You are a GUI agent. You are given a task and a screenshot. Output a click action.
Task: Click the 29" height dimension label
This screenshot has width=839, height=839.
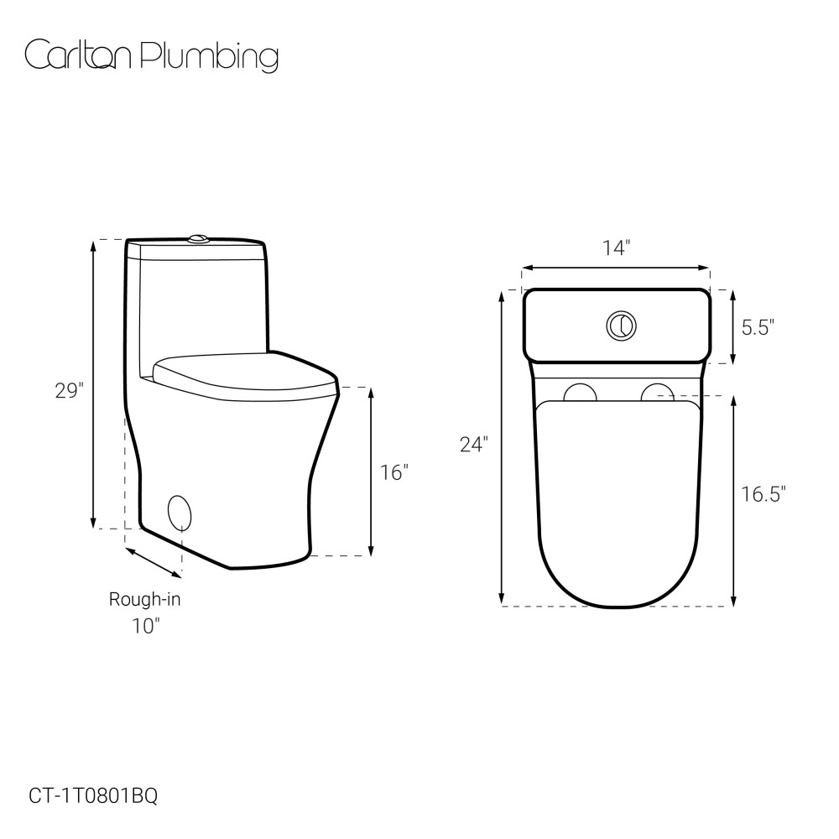pyautogui.click(x=70, y=391)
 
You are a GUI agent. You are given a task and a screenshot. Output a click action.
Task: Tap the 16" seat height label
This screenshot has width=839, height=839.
pyautogui.click(x=394, y=473)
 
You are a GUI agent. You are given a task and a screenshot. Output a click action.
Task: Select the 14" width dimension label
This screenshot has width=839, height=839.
pyautogui.click(x=617, y=248)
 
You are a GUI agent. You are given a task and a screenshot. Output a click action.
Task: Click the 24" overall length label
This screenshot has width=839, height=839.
pyautogui.click(x=474, y=445)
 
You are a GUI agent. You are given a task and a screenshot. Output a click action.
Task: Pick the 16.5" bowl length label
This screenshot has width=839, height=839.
pyautogui.click(x=763, y=494)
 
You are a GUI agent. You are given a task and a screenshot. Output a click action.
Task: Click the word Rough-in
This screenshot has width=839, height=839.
pyautogui.click(x=145, y=599)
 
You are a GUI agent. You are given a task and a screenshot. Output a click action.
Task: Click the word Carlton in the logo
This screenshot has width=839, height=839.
pyautogui.click(x=77, y=55)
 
